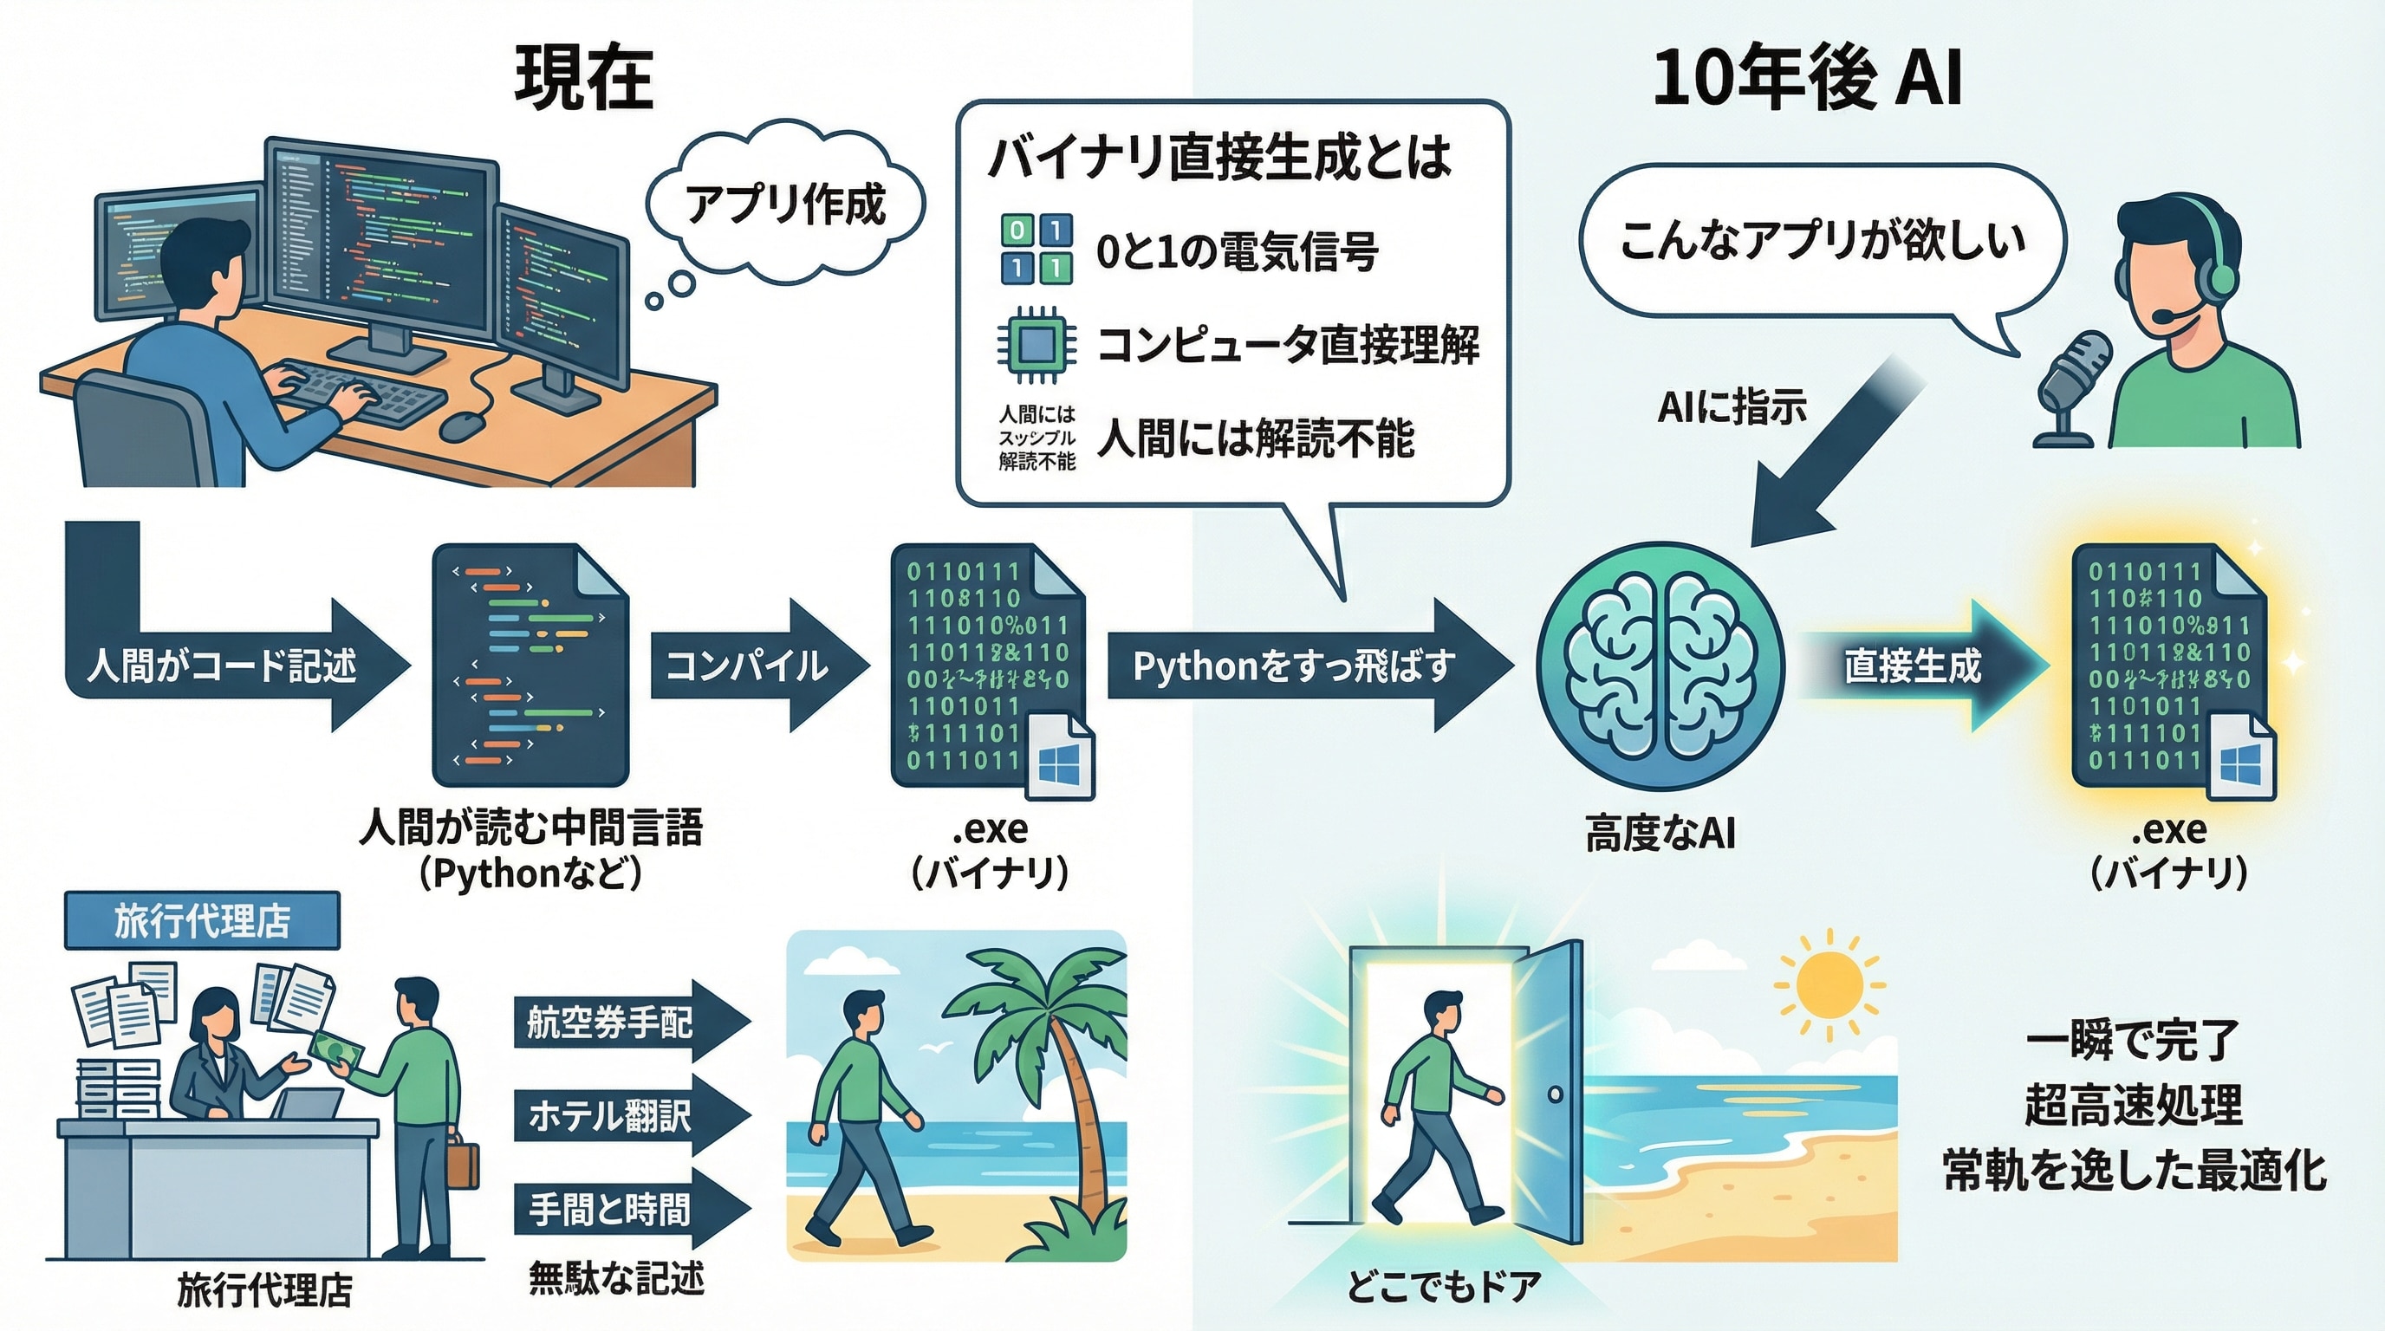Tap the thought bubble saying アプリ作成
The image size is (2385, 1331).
[785, 205]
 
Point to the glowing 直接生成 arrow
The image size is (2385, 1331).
[1916, 665]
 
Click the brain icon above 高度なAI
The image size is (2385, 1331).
[1660, 665]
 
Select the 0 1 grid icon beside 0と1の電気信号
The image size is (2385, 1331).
[1036, 249]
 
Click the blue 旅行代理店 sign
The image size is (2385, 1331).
[202, 921]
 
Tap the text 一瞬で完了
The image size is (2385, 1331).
[2132, 1041]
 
